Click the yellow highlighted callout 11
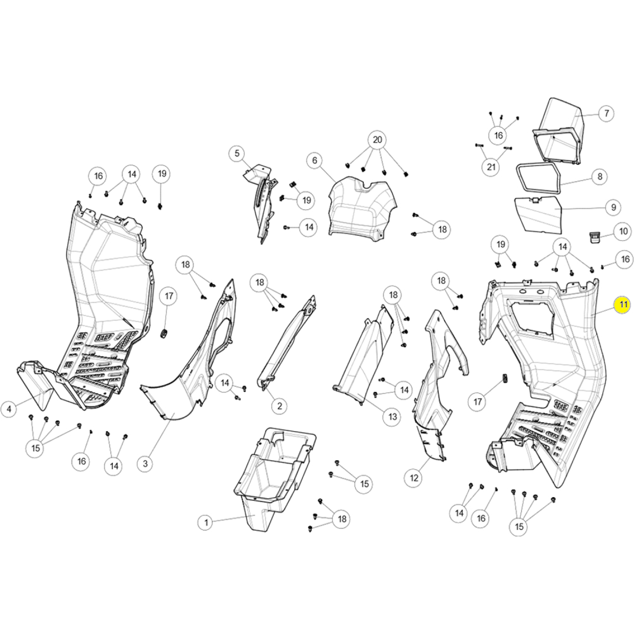623,305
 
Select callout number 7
607,113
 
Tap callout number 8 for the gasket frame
600,176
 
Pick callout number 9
613,208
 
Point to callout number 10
623,231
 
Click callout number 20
377,140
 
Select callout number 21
491,167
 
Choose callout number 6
314,160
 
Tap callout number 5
237,153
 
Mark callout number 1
206,522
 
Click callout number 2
279,406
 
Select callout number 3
145,464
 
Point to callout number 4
9,409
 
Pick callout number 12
414,478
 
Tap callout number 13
393,417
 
